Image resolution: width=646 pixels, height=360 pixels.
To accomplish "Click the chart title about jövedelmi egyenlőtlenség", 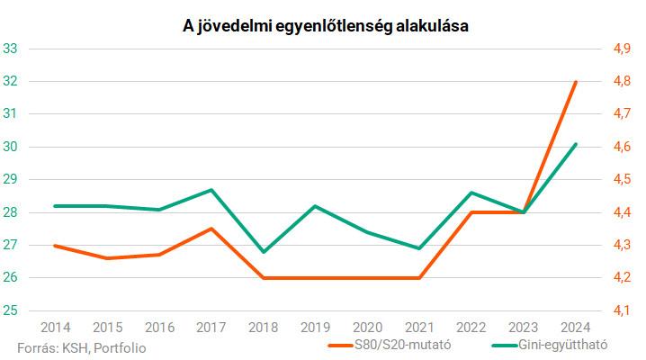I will [323, 27].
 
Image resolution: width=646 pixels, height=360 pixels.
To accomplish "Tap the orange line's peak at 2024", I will [576, 82].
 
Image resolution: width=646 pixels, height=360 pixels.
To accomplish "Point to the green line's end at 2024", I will [576, 144].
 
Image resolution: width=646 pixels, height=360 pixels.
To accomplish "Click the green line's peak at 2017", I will [211, 190].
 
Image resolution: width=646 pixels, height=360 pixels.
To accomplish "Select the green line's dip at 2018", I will [263, 252].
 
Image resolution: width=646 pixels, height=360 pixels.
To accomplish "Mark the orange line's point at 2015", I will [107, 258].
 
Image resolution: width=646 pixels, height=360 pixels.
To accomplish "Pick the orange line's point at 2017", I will [211, 229].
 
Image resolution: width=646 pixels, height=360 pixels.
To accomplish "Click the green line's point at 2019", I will [315, 206].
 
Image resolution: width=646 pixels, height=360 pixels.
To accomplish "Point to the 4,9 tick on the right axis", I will [623, 49].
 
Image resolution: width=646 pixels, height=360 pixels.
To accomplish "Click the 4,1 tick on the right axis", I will [623, 310].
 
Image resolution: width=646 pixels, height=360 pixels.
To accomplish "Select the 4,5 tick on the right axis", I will [623, 180].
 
